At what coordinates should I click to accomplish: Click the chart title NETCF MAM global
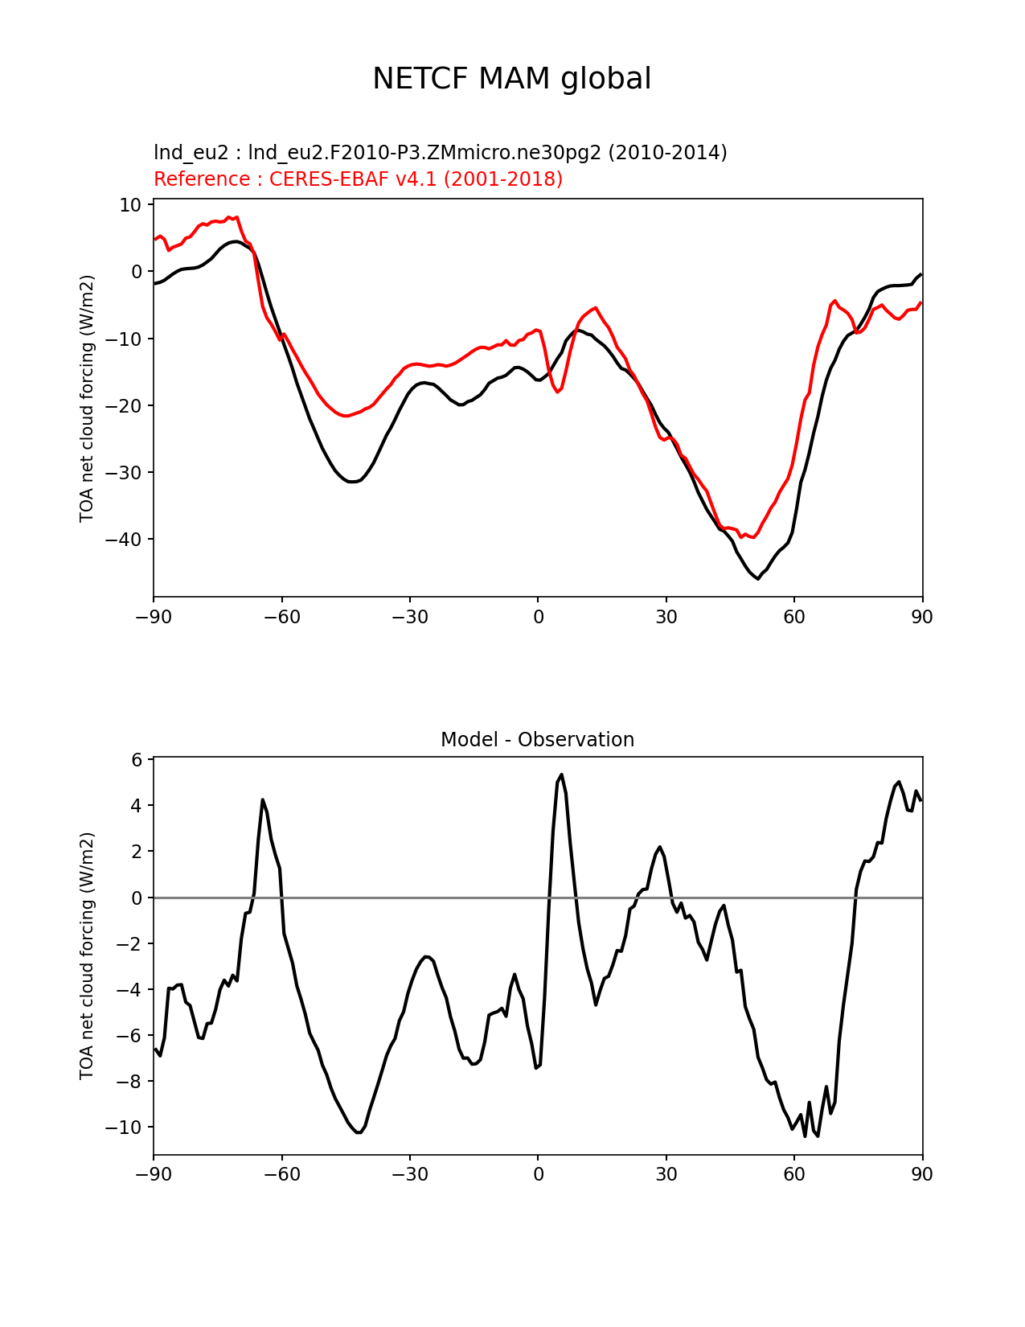click(x=511, y=79)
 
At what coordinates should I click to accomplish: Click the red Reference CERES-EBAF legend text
click(x=358, y=179)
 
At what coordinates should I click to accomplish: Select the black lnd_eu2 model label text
click(x=440, y=152)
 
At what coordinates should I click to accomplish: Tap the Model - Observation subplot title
click(x=537, y=739)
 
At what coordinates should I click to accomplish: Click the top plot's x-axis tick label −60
click(x=281, y=617)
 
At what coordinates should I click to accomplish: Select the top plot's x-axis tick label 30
click(x=666, y=617)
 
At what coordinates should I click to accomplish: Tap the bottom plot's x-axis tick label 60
click(x=793, y=1174)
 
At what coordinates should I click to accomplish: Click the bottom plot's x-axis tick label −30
click(x=409, y=1174)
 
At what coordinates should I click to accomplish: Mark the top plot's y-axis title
click(x=87, y=398)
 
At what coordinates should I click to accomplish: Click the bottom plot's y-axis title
click(x=87, y=955)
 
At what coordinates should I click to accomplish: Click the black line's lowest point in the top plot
click(x=757, y=578)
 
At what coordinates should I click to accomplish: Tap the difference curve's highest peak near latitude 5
click(x=561, y=774)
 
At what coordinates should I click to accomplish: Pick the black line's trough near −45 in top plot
click(x=351, y=482)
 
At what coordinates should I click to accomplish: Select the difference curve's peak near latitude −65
click(x=263, y=799)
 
